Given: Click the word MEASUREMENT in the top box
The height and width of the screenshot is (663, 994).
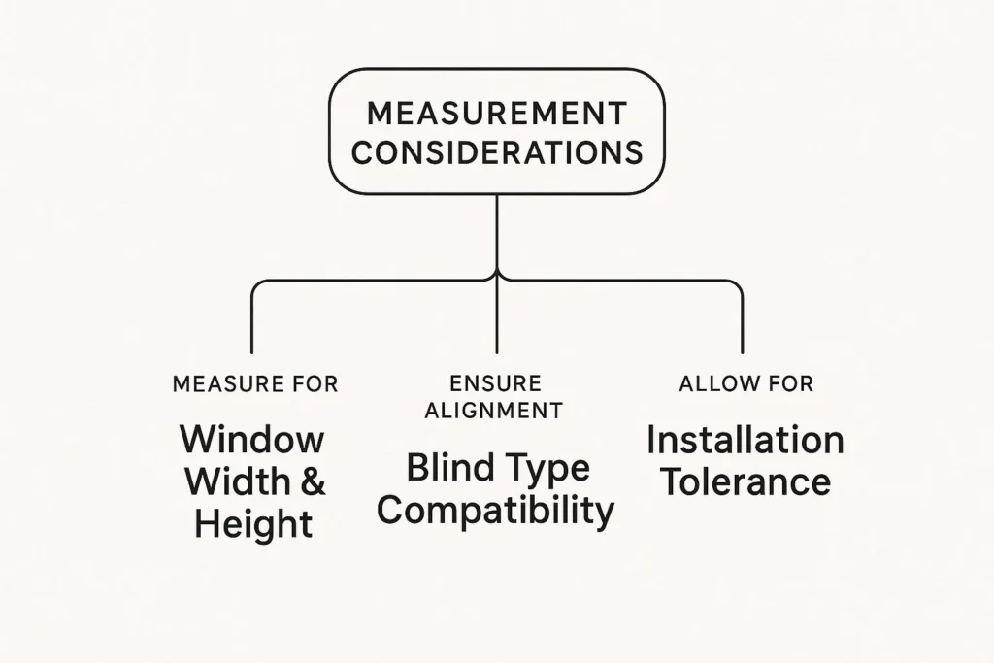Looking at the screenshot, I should (496, 114).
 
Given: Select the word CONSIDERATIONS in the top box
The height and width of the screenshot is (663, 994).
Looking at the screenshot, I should (496, 152).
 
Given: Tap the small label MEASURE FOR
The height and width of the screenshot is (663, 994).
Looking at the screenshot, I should (255, 383).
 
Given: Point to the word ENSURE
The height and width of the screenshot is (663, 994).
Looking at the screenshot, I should (495, 383).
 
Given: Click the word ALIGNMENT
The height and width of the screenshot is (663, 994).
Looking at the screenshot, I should (494, 410).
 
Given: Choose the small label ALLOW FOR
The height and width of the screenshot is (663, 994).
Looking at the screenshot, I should (745, 383).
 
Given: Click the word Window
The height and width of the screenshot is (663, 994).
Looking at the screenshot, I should (252, 439).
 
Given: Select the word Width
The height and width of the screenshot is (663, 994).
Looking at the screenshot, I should (236, 481).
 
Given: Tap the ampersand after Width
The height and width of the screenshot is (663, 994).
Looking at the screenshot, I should (313, 481).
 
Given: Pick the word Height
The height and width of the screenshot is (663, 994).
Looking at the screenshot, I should (253, 524).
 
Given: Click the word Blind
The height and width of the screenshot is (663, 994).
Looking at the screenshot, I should (444, 468).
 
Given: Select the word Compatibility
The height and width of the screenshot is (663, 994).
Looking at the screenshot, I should (495, 512).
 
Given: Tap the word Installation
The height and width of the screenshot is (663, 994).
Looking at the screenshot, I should (745, 440).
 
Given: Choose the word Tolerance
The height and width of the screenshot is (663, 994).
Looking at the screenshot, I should (745, 481).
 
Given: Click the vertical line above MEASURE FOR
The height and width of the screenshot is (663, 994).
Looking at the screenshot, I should (251, 320).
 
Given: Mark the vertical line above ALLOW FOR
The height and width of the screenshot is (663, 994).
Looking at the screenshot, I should (743, 320).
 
